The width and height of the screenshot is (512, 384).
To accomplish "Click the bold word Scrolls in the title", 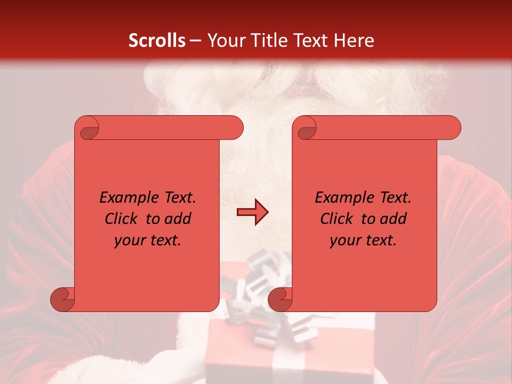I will [157, 41].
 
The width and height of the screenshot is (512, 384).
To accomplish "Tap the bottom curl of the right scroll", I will [281, 299].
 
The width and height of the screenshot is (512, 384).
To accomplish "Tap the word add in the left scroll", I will [178, 219].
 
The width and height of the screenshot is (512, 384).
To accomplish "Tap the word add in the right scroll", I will [393, 219].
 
